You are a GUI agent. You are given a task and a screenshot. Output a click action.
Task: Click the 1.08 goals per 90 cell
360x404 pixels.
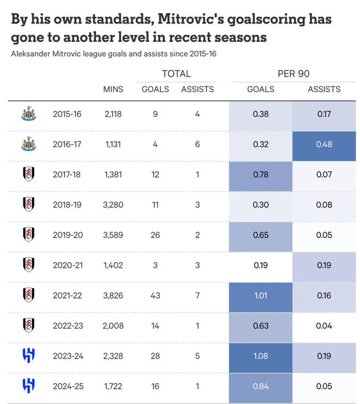click(x=261, y=356)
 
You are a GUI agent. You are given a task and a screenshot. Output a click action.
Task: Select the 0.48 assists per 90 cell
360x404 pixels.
click(x=324, y=145)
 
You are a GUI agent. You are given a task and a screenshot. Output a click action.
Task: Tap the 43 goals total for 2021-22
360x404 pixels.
click(x=155, y=295)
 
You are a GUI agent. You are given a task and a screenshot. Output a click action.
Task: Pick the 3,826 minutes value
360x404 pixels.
click(x=113, y=295)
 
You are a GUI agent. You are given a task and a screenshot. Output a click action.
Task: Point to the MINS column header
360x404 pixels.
click(x=113, y=89)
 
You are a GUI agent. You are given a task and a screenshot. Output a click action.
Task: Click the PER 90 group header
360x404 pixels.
click(x=293, y=74)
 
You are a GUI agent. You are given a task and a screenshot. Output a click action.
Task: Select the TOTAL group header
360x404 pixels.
click(x=176, y=74)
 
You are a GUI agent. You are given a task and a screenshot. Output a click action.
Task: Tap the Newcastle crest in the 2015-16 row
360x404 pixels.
click(x=28, y=114)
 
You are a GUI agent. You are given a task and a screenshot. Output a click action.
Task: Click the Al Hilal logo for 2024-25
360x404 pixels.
click(x=28, y=386)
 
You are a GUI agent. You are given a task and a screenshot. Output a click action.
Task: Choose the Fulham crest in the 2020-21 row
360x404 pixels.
click(x=28, y=265)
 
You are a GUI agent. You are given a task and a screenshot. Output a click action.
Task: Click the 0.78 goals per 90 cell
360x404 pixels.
click(x=261, y=175)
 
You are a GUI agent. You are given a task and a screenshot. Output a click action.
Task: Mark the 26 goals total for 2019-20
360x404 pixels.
click(x=155, y=235)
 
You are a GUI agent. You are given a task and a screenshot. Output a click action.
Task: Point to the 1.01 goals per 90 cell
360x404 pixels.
click(x=261, y=295)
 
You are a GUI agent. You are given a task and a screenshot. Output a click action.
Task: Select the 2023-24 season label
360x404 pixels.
click(x=69, y=356)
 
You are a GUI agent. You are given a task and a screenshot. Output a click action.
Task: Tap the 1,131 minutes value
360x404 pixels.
click(x=113, y=145)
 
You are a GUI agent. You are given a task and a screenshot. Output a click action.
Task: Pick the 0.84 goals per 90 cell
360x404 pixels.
click(x=261, y=386)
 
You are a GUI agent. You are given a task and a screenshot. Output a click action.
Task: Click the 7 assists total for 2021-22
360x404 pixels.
click(x=197, y=295)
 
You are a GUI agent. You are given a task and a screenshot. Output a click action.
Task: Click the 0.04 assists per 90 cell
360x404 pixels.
click(x=324, y=326)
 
